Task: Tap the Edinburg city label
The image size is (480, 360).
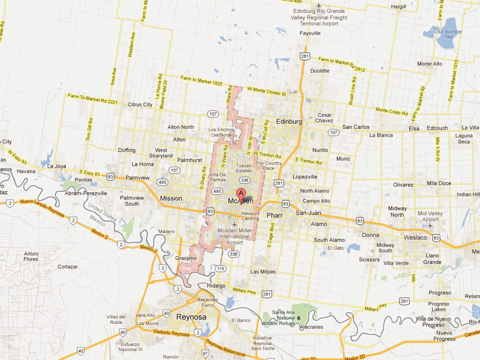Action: [289, 122]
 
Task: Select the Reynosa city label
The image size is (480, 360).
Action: [192, 317]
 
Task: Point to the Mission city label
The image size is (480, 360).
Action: [171, 198]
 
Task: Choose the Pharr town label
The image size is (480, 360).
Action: [275, 215]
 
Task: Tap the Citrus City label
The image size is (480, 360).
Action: [140, 104]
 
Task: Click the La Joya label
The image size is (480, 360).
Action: [57, 166]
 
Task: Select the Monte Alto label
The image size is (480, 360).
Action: [429, 64]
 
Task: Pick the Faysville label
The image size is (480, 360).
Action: [310, 33]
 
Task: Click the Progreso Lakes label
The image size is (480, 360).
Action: [438, 307]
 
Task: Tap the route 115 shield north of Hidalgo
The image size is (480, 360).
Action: [220, 269]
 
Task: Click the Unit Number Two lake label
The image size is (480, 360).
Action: [448, 34]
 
